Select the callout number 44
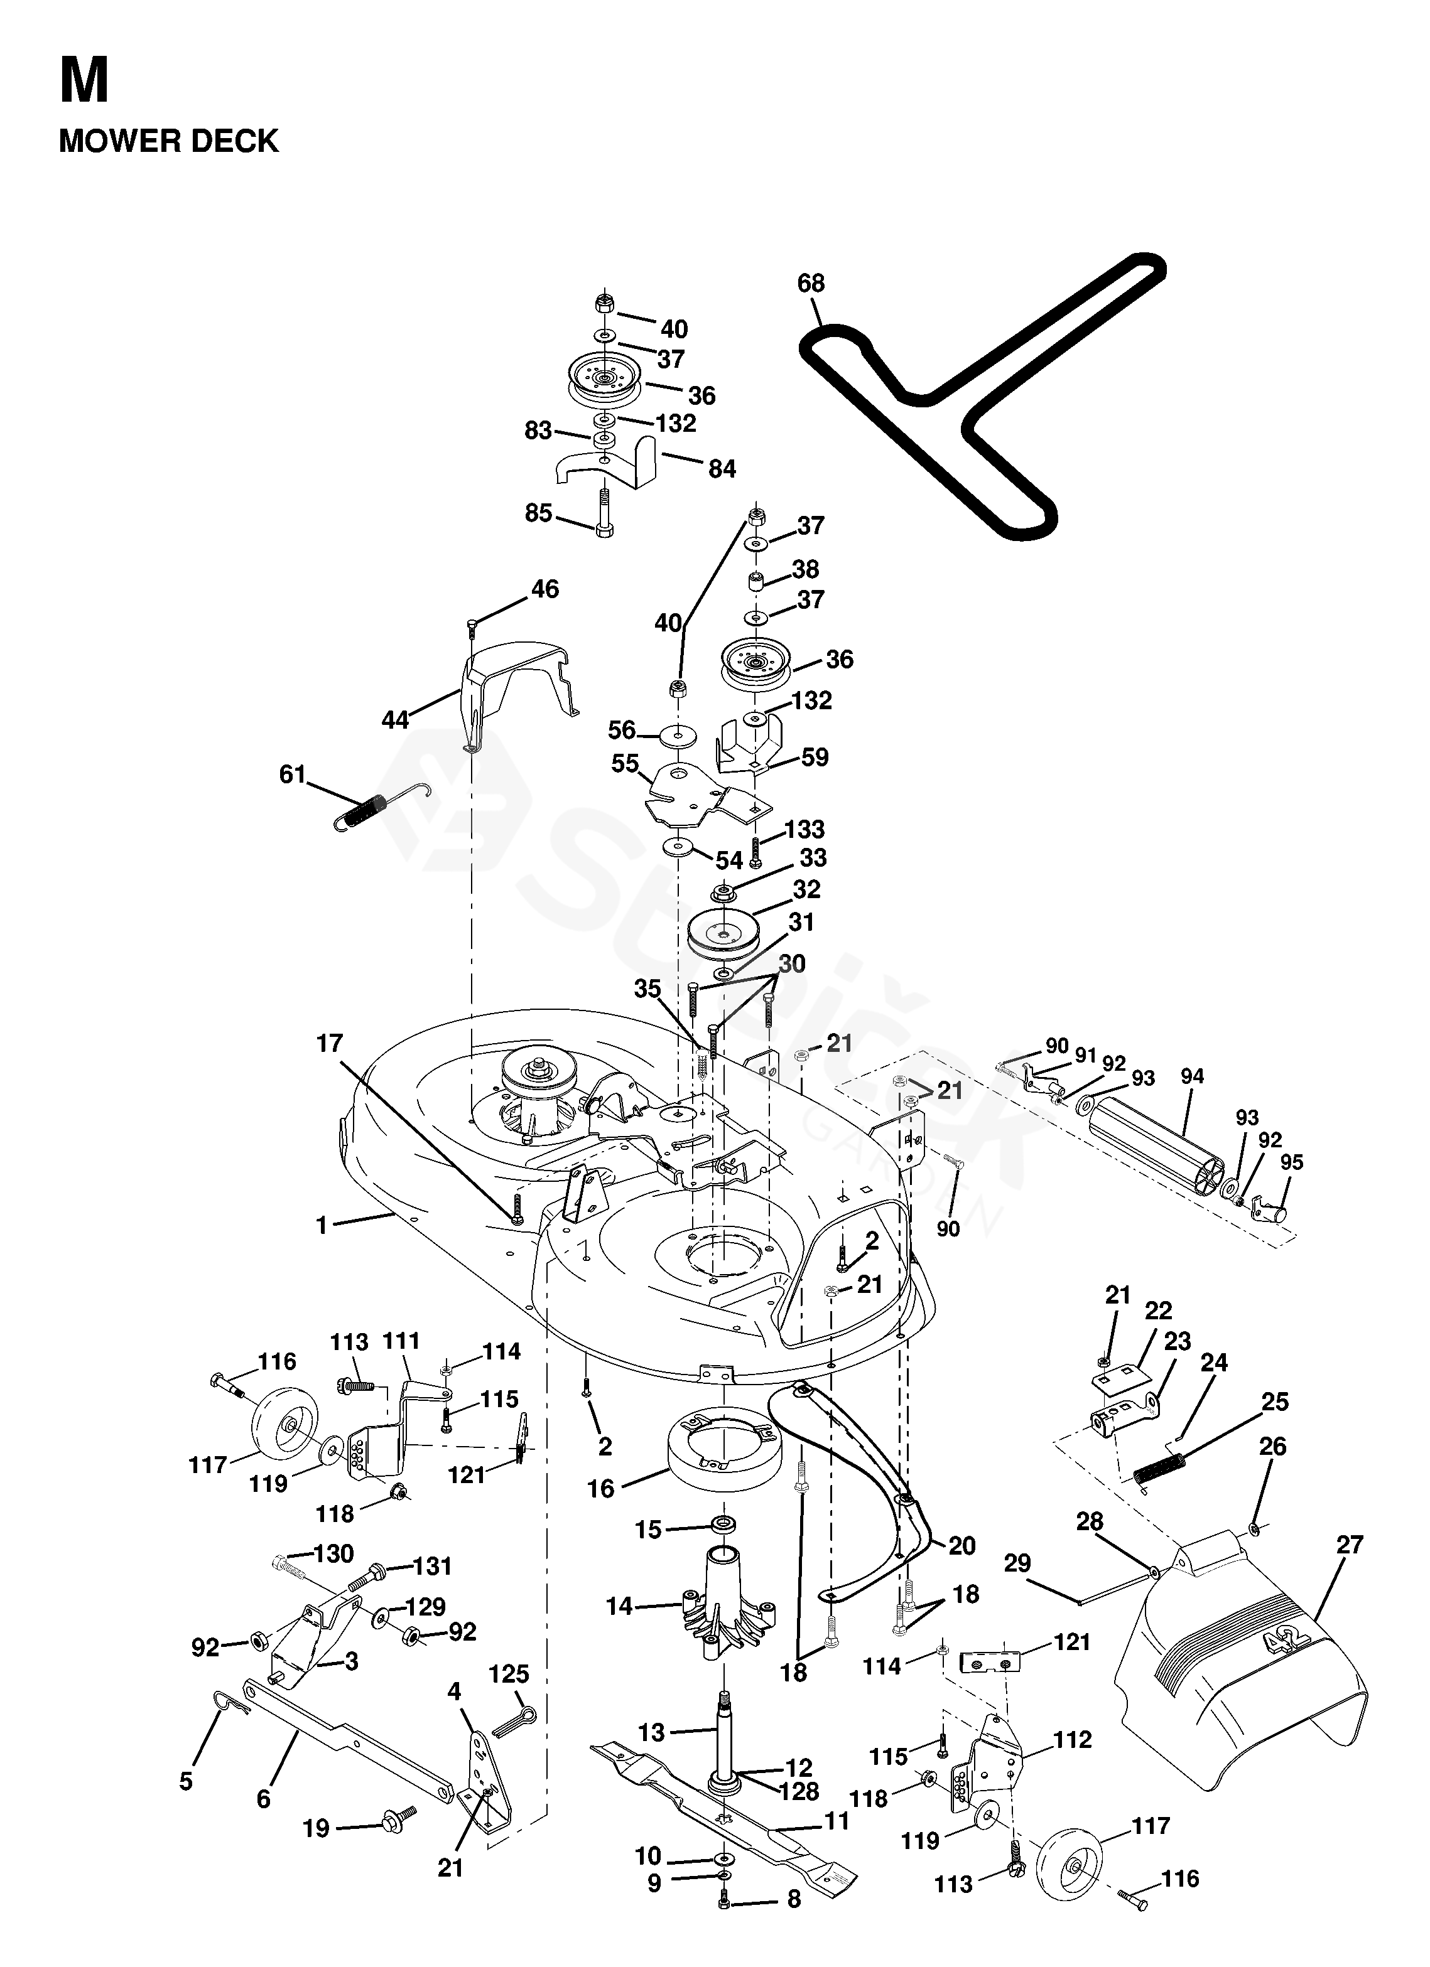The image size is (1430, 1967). (395, 720)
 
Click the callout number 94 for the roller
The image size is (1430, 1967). (1192, 1077)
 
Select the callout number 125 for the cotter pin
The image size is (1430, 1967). (509, 1674)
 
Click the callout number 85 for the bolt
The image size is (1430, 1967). (539, 513)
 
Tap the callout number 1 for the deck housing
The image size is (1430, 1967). (322, 1226)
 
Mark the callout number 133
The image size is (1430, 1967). (804, 829)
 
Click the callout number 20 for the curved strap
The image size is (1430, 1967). (962, 1545)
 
